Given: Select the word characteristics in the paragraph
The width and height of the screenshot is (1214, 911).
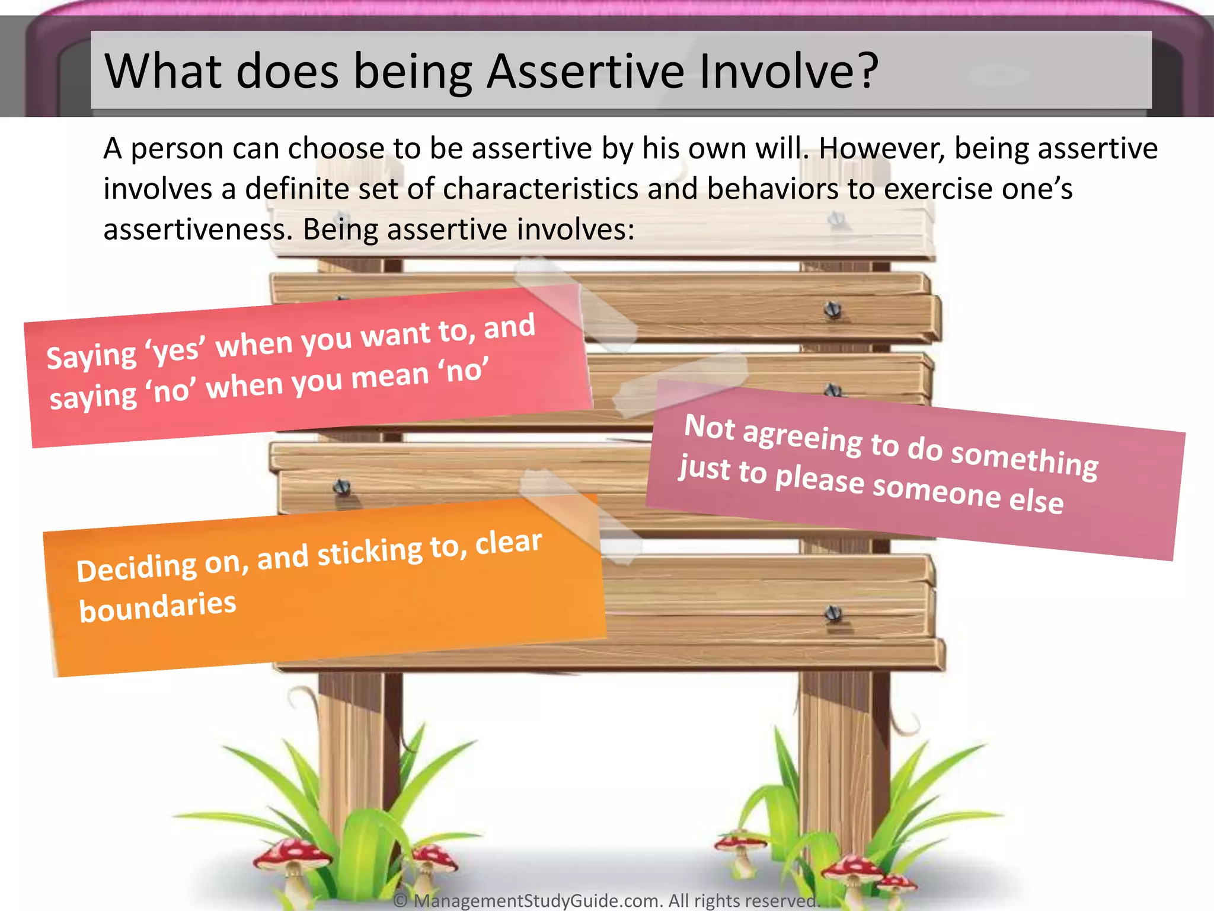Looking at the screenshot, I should tap(539, 189).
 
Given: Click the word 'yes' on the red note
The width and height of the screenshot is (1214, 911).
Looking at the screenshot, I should tap(176, 351).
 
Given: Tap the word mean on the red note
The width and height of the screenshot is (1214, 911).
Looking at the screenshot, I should tap(390, 378).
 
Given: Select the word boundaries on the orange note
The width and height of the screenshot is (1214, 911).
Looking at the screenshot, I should tap(158, 607).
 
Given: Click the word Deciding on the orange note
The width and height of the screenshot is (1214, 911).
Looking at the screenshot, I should tap(136, 568).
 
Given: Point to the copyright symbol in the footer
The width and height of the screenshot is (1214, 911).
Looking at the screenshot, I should tap(401, 900).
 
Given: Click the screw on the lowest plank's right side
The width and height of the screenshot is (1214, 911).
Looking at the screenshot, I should tap(833, 614).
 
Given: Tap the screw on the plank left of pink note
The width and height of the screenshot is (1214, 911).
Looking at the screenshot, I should tap(342, 488).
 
